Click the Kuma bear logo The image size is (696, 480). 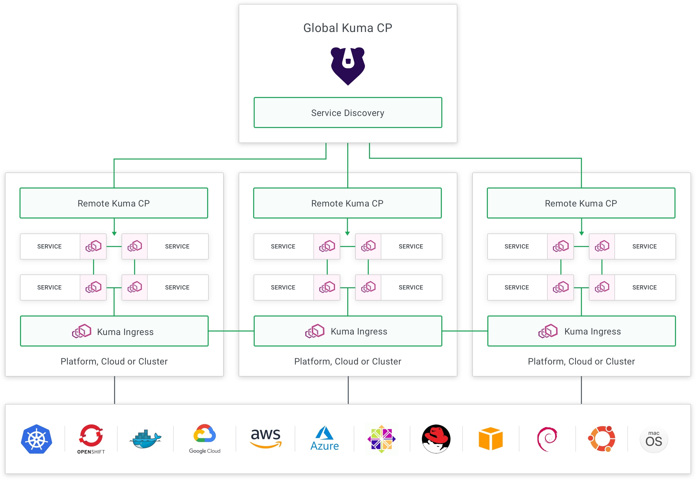pos(348,66)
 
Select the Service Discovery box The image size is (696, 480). pos(348,112)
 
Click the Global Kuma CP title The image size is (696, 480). pos(347,28)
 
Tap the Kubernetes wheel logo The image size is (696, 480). pos(37,439)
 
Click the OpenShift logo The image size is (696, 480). pos(91,439)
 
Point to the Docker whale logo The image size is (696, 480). pos(146,439)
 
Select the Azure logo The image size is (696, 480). pos(325,438)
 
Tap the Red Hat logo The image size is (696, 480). pos(436,439)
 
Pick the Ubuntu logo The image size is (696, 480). pos(601,439)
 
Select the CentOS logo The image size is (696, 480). pos(381,439)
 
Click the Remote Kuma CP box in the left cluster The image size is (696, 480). pos(114,203)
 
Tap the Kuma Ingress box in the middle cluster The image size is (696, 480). pos(348,331)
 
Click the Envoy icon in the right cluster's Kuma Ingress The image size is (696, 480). pos(548,331)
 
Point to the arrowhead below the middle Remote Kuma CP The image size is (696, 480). pos(347,233)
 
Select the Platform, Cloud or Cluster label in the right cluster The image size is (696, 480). pos(581,361)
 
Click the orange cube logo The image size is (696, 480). pos(491,439)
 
